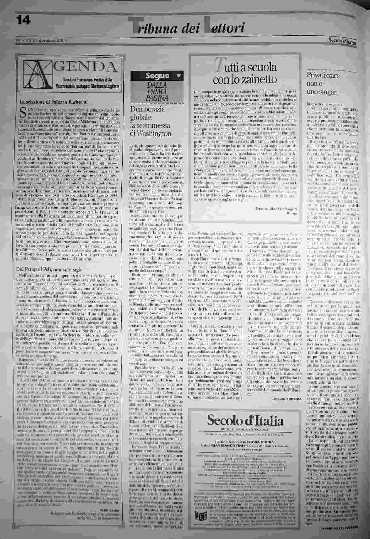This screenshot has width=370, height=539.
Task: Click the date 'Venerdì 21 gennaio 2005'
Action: click(41, 40)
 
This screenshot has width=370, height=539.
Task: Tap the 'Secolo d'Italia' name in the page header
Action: click(342, 41)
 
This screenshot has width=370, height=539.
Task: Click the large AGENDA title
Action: click(88, 66)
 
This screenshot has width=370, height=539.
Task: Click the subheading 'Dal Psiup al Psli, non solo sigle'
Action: click(49, 269)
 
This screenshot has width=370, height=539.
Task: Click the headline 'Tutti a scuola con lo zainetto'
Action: click(245, 73)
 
